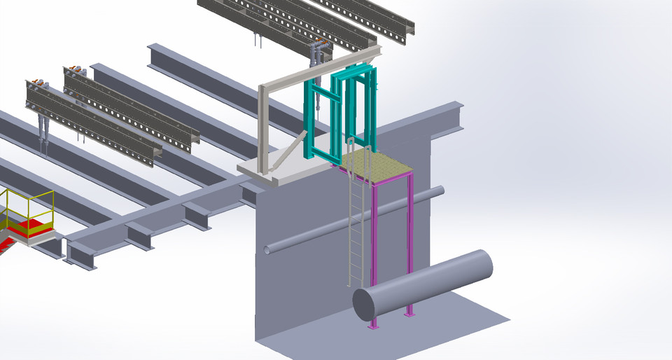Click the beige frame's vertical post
point(265,130)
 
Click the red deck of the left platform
point(28,226)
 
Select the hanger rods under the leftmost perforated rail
point(44,133)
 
